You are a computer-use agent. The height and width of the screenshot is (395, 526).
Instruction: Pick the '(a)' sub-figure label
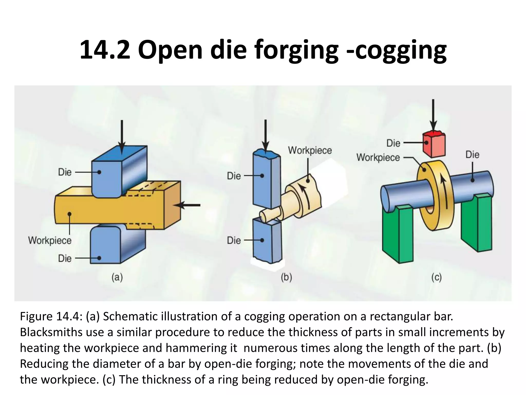(117, 278)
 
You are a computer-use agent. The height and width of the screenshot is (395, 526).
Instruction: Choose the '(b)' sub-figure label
(286, 278)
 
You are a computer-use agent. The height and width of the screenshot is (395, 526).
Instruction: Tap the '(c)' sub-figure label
(436, 278)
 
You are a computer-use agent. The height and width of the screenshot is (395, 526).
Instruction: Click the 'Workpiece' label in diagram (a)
(50, 241)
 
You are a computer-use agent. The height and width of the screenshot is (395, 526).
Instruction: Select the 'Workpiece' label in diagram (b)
(310, 150)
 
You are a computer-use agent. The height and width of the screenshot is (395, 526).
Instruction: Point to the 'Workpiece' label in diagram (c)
(378, 157)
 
